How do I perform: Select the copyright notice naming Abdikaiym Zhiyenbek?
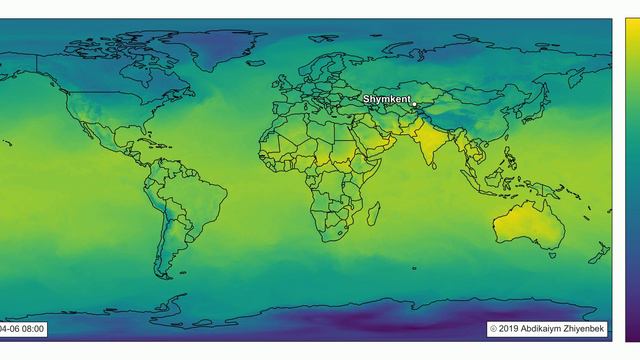tap(548, 328)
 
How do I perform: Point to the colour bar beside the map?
tap(630, 180)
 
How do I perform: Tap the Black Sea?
tap(351, 98)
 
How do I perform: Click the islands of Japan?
tap(527, 110)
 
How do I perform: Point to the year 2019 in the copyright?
tap(508, 328)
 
